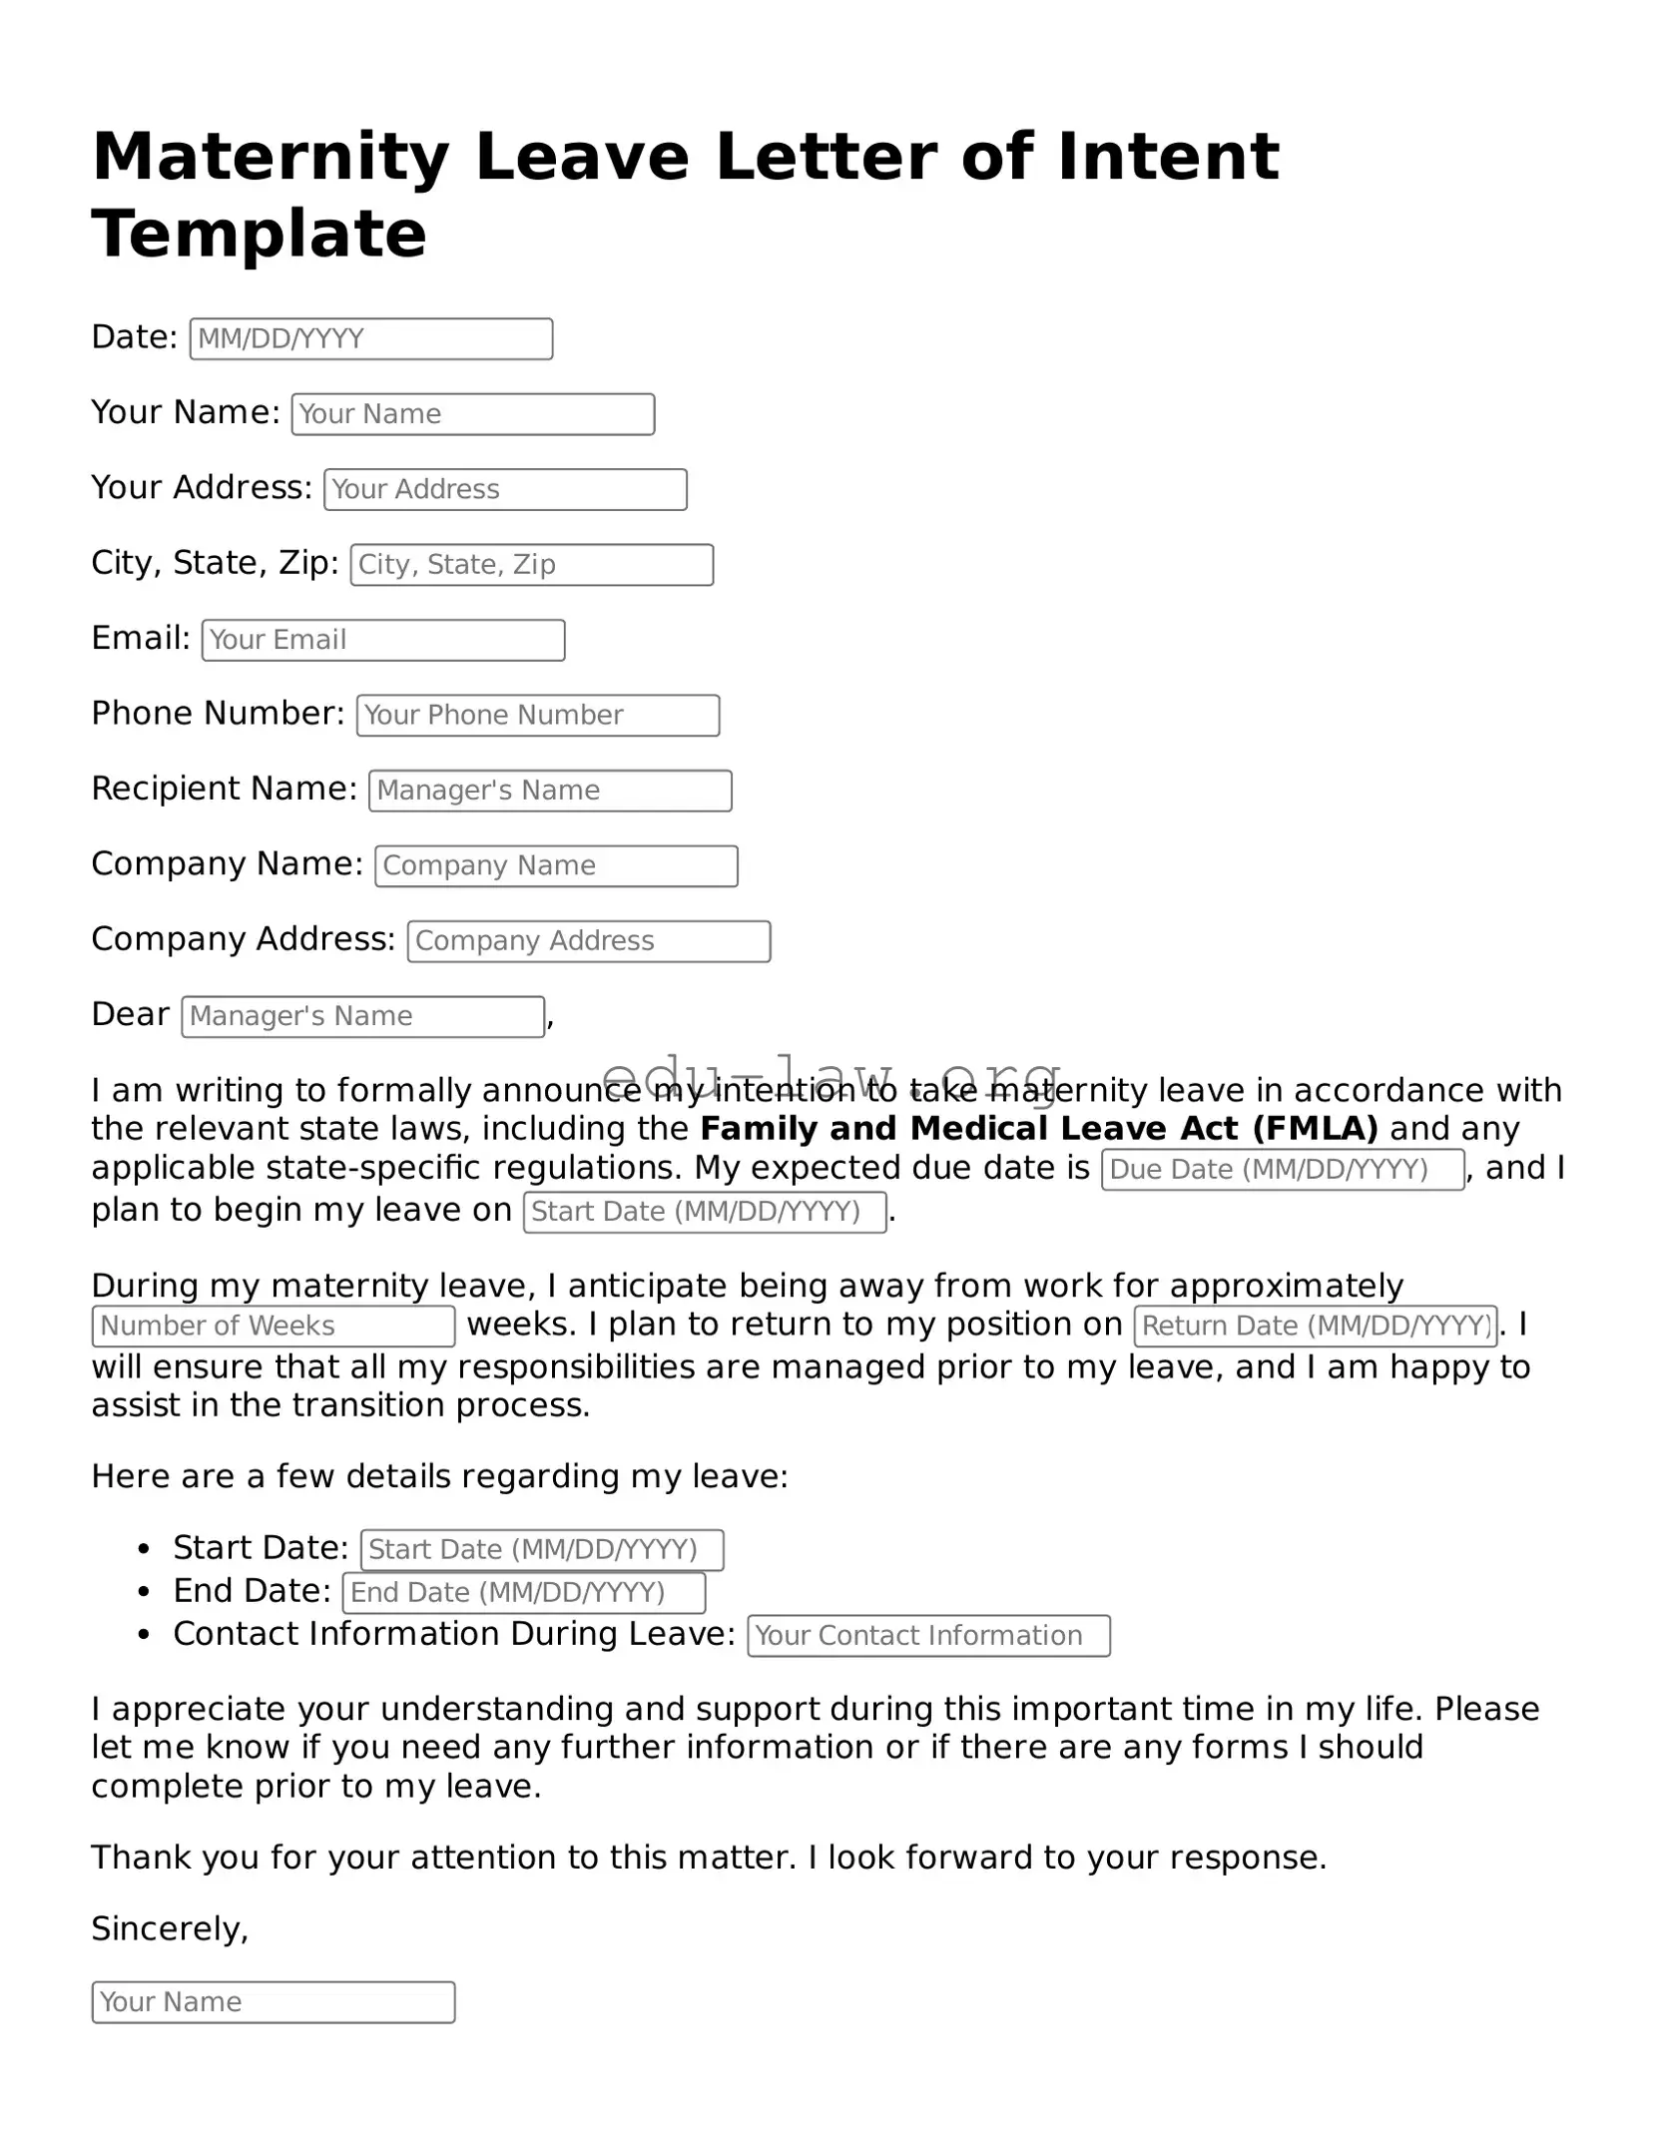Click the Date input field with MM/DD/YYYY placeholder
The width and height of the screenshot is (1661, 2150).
(x=370, y=339)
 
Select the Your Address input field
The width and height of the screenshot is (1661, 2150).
(x=505, y=490)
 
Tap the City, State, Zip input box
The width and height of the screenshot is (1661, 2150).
(x=531, y=565)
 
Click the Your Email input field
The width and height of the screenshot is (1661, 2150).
(x=382, y=641)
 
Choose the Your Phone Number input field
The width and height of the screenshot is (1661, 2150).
(x=537, y=716)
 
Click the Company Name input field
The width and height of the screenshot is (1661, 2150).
(x=556, y=866)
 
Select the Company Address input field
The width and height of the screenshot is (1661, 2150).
(x=588, y=941)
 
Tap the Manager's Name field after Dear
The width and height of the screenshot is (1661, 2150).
(x=362, y=1017)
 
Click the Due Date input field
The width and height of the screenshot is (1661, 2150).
(x=1282, y=1170)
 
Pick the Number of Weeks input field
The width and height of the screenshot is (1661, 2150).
(x=273, y=1327)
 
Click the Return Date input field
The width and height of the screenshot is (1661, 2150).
(x=1315, y=1327)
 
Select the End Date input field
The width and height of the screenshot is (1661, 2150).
(x=523, y=1593)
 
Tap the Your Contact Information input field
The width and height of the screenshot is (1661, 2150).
(x=927, y=1636)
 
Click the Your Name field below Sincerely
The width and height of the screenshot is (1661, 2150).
(x=273, y=2002)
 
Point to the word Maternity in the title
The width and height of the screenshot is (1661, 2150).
(x=271, y=158)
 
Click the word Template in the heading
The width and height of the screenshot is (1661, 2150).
(x=259, y=235)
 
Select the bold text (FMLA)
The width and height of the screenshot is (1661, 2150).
(x=1315, y=1129)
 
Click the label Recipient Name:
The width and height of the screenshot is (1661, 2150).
(x=224, y=789)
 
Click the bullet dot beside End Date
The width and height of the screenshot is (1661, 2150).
(x=145, y=1592)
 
